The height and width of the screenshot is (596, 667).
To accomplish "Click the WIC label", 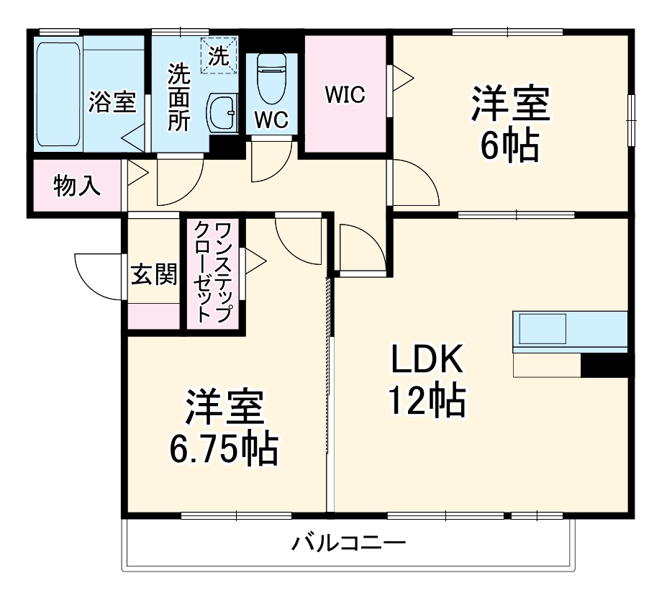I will (x=345, y=95).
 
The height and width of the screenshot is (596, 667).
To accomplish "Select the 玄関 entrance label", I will (x=153, y=274).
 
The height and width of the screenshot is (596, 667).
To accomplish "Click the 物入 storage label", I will (x=77, y=186).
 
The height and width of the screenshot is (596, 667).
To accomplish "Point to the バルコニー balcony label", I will (x=348, y=542).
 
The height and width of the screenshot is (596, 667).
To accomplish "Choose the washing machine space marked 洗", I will (x=220, y=56).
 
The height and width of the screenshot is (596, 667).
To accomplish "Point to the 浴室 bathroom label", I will (x=112, y=102).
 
